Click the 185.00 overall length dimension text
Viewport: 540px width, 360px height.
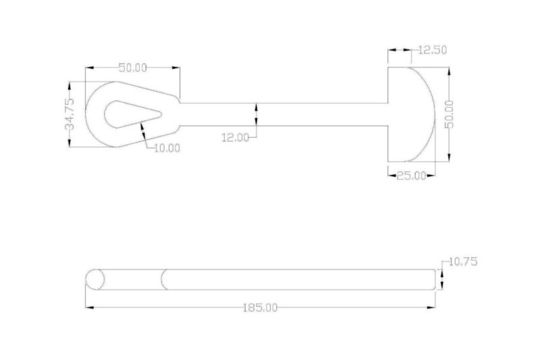coord(261,308)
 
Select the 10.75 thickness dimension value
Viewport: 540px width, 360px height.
coord(462,261)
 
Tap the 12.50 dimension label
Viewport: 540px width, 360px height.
coord(433,49)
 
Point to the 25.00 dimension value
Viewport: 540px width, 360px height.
coord(410,175)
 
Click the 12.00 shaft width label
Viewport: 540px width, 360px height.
coord(236,137)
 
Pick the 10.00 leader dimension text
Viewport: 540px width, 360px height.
coord(167,148)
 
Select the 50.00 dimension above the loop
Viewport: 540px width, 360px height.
coord(133,68)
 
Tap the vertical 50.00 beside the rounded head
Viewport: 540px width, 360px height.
coord(450,114)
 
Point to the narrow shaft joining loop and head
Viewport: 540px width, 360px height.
coord(283,114)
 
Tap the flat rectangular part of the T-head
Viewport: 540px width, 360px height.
coord(399,114)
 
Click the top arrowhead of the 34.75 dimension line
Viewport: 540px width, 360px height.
coord(70,86)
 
